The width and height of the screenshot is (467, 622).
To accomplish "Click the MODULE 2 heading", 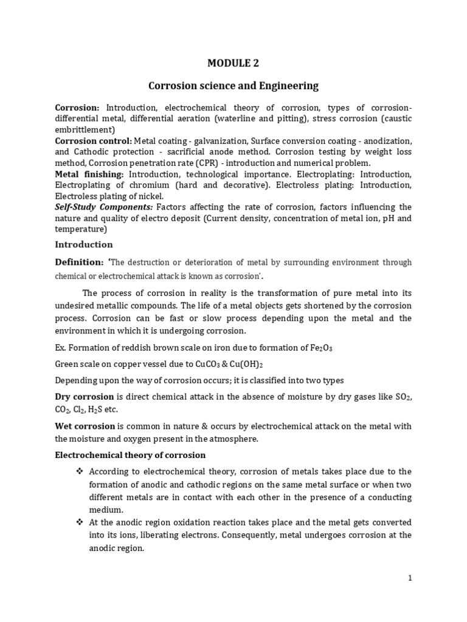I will click(x=233, y=62).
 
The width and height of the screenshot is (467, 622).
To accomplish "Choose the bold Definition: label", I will click(x=80, y=262).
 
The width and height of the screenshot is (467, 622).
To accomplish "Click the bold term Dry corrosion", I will click(x=85, y=397).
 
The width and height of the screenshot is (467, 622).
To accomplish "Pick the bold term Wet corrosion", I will click(x=85, y=426).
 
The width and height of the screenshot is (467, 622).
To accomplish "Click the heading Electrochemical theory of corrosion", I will click(x=130, y=455).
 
